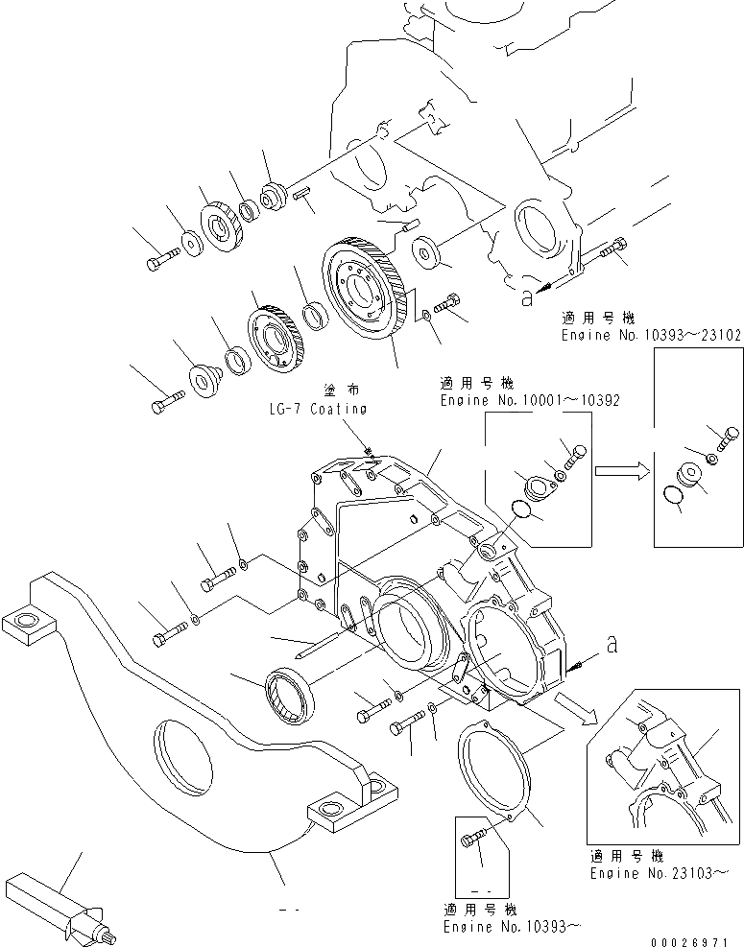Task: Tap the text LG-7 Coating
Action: (x=318, y=409)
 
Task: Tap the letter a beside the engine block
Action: (x=524, y=298)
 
